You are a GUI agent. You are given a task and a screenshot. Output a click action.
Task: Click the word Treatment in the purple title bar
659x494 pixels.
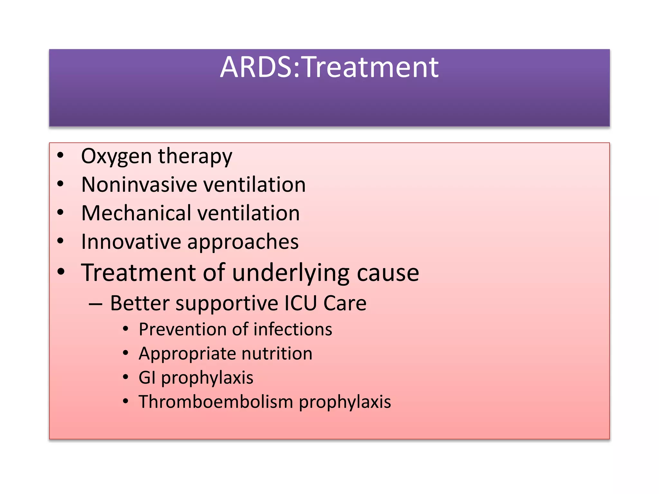[370, 67]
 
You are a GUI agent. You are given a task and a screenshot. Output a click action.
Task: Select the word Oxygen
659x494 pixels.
[116, 157]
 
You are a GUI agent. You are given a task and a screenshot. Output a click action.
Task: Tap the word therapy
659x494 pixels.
[195, 157]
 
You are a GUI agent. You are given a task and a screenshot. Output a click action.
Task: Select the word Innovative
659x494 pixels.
[131, 242]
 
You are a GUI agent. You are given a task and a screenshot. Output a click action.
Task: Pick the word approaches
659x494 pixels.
[243, 242]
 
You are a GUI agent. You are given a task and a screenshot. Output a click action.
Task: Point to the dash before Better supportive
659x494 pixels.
[96, 304]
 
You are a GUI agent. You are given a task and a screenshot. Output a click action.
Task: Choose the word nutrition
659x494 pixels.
[277, 353]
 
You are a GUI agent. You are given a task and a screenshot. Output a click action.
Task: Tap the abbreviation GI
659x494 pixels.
[147, 378]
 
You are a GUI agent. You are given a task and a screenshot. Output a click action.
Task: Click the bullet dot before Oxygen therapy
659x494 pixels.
[60, 156]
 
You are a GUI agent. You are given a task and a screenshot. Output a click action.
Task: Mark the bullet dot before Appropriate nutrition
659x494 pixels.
[125, 353]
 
